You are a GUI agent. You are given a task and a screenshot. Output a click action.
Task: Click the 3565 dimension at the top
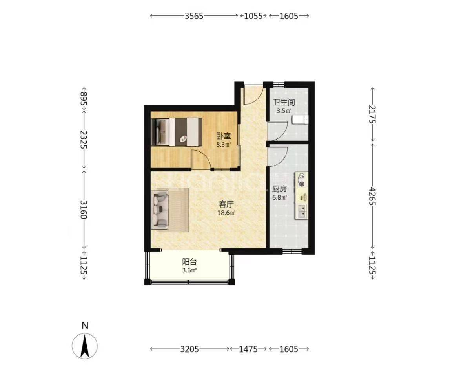194,16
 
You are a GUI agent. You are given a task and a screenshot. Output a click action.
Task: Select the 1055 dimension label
253,16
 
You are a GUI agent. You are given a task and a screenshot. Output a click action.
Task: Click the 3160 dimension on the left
84,210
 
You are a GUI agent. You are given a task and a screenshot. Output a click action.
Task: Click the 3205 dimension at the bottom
189,349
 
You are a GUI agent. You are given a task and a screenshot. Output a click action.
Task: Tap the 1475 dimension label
248,349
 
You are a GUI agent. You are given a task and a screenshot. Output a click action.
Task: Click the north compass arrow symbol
85,346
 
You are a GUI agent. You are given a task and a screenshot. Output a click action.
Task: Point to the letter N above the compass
85,326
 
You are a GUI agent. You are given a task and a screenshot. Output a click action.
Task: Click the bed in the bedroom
177,132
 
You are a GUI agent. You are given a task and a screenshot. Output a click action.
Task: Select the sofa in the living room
160,210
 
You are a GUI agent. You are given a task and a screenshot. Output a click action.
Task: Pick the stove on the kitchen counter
302,180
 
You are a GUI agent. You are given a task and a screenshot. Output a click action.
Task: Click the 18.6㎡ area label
227,213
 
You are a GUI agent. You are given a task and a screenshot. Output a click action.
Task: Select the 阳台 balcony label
189,261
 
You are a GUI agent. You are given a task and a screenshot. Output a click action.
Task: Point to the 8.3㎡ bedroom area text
223,144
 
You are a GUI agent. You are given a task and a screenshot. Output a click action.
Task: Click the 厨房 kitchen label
279,189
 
